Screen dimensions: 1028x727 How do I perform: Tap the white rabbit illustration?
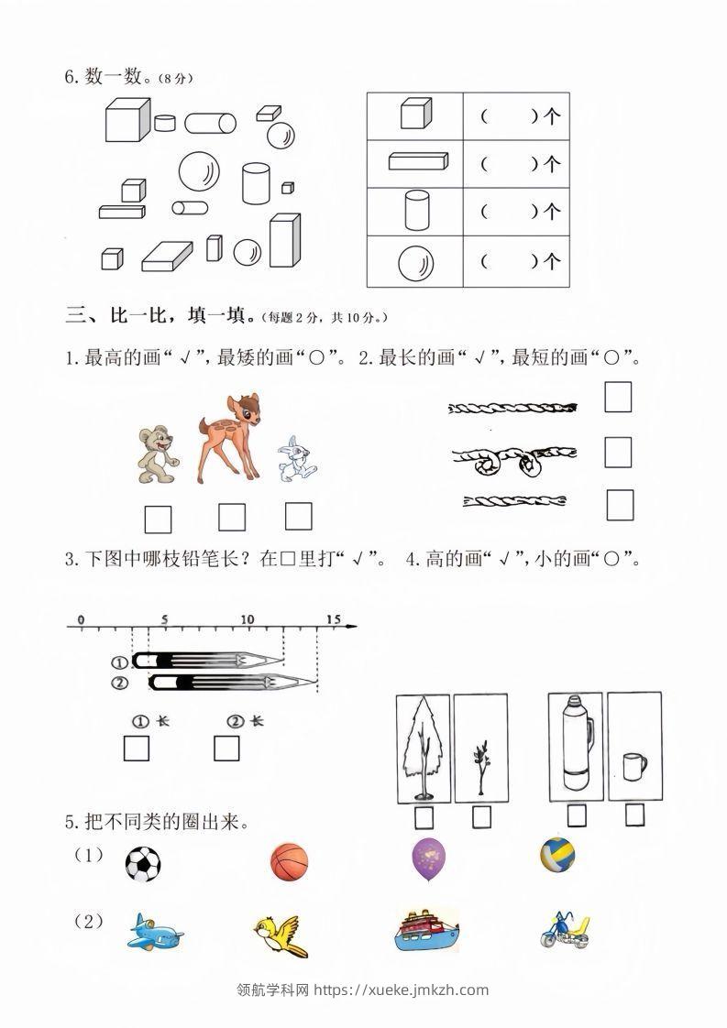pos(295,459)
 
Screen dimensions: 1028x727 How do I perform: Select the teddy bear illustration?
pos(156,454)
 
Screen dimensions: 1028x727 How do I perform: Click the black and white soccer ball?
pos(142,863)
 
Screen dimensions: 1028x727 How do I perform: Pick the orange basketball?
pos(290,863)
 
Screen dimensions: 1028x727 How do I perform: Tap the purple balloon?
pos(429,861)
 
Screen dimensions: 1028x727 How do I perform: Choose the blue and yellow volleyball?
pos(557,855)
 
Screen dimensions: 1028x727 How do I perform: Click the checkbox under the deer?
pos(232,518)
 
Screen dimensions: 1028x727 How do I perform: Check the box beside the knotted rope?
pos(618,452)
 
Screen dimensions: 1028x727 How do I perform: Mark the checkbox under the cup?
pos(634,815)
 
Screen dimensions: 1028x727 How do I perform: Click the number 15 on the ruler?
pos(332,619)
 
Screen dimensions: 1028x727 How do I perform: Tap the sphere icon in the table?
pos(415,264)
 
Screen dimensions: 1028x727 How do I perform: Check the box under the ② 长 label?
pos(226,749)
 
